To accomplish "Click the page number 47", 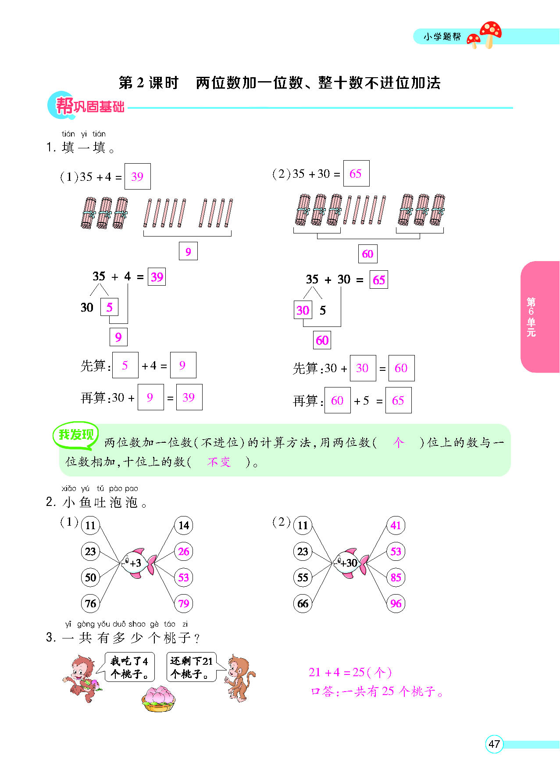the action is coord(494,744).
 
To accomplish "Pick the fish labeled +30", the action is coord(350,563).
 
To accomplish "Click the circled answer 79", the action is coord(184,603).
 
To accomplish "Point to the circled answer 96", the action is coord(396,603).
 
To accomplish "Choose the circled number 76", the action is coord(90,603).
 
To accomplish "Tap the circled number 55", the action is coord(303,577).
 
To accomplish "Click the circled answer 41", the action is coord(396,525).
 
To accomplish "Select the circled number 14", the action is coord(184,525).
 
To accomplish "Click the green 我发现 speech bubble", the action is coord(76,435).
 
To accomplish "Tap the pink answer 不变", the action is coord(219,462).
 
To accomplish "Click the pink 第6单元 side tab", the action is coord(540,317).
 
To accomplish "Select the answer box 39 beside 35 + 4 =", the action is coord(138,176).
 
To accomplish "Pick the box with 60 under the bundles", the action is coord(367,254).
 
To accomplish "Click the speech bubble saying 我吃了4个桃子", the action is coord(130,667).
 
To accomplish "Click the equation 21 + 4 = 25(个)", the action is coord(350,672).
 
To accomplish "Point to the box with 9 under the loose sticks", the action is coord(188,251).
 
